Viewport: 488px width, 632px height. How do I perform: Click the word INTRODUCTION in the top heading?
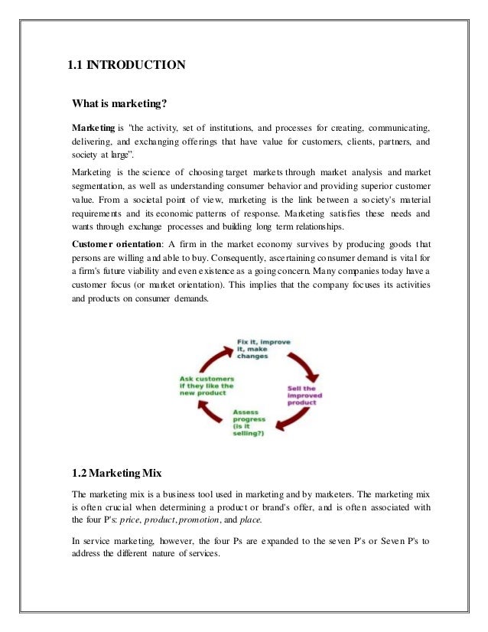pyautogui.click(x=135, y=64)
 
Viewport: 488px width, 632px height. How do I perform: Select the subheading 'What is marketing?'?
pyautogui.click(x=119, y=103)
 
